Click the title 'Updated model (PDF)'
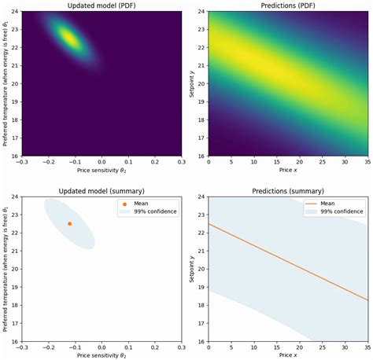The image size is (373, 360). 102,6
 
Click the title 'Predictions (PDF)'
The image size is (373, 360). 288,6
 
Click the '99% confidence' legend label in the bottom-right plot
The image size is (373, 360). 341,211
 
